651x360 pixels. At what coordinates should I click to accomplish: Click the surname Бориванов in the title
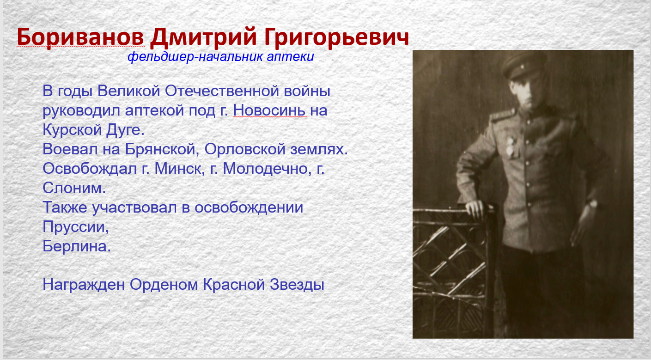tap(80, 37)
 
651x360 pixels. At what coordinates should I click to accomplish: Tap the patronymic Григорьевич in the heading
tap(336, 38)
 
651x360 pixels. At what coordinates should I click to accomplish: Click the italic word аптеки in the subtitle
tap(290, 57)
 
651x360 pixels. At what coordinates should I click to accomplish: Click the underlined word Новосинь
tap(269, 110)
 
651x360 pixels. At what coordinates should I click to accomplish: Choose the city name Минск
tap(178, 169)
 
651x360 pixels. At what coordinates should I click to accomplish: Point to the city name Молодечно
tap(265, 169)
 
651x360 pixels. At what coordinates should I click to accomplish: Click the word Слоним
tap(74, 188)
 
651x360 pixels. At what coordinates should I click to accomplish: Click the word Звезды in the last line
tap(297, 284)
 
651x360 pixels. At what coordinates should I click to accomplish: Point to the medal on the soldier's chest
tap(511, 146)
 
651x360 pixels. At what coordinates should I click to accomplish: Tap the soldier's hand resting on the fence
tap(475, 209)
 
